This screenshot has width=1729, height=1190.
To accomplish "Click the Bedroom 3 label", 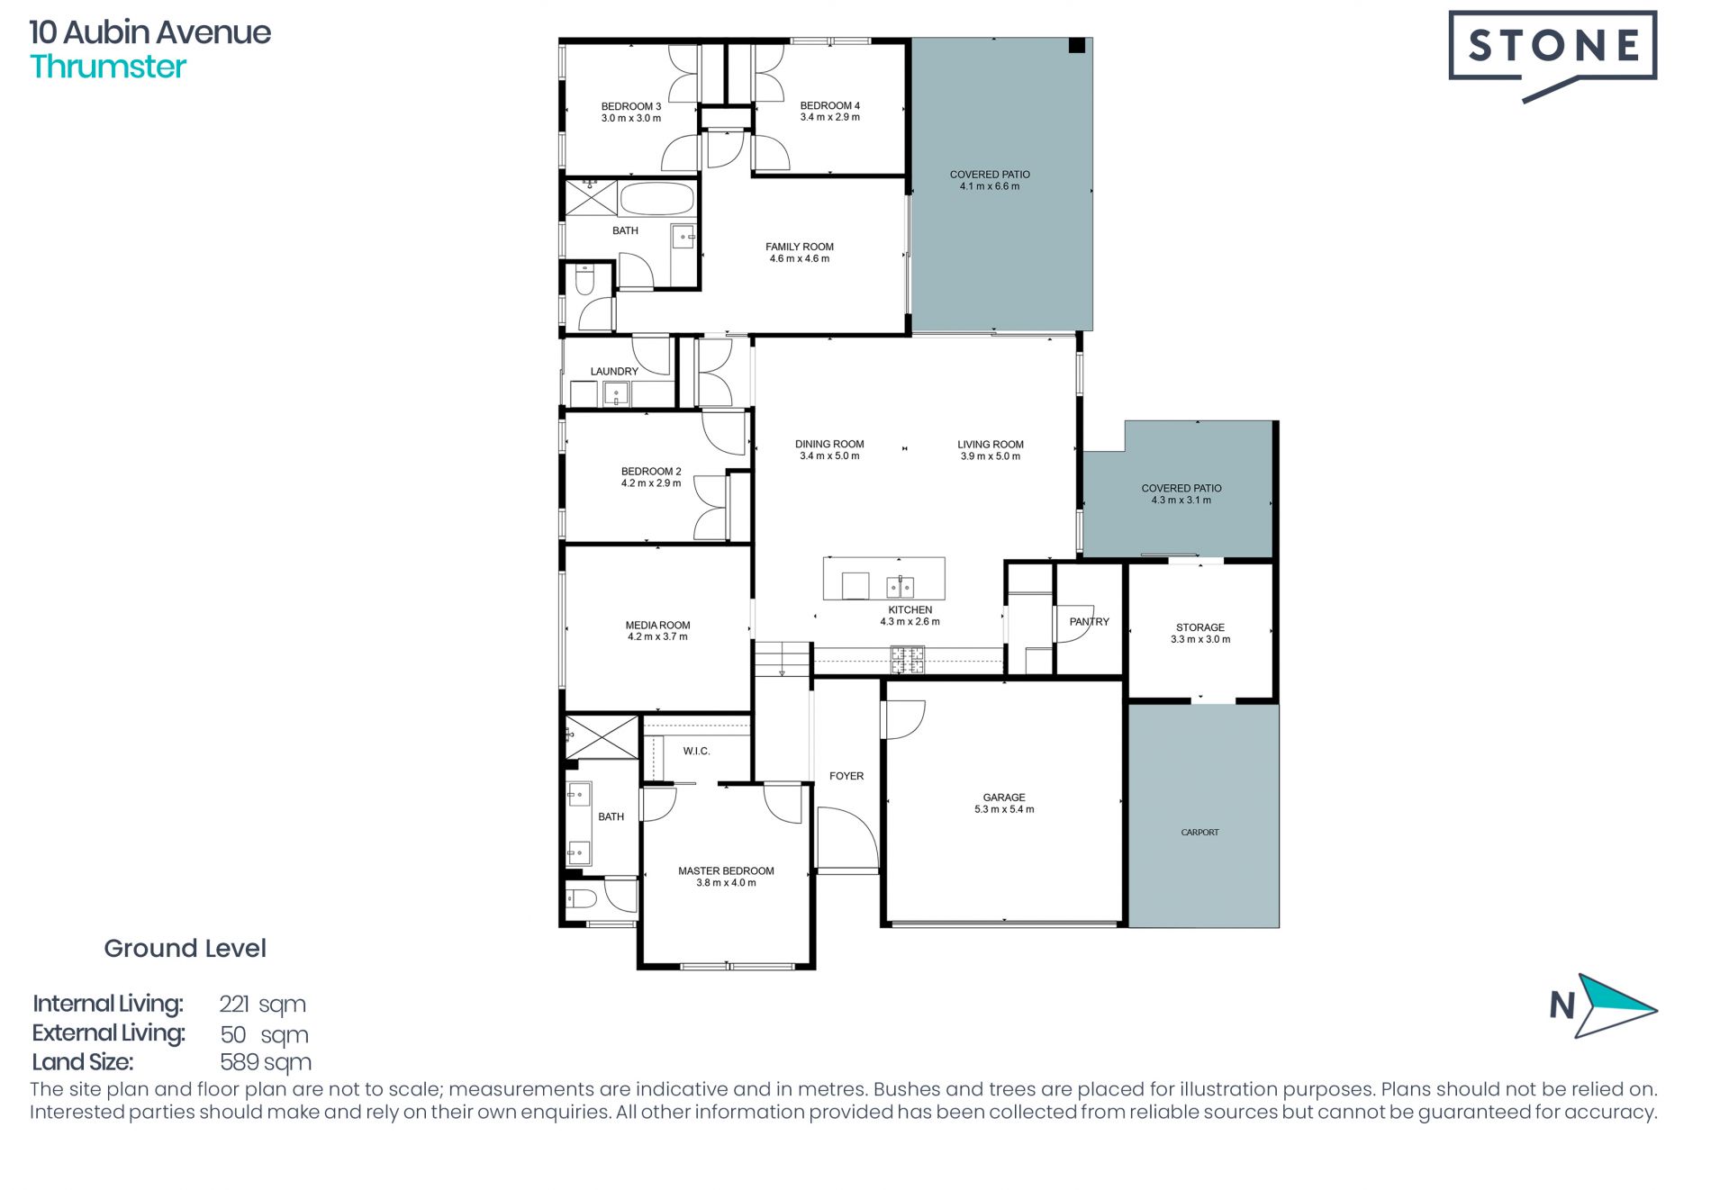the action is click(631, 106).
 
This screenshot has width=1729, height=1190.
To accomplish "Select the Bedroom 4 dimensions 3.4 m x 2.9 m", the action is click(829, 117).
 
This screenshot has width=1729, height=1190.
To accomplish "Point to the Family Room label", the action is click(800, 247).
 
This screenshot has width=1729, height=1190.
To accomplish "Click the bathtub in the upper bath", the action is click(657, 199).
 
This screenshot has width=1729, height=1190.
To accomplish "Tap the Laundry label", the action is click(614, 371).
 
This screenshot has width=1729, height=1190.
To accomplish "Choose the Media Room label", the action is click(657, 625).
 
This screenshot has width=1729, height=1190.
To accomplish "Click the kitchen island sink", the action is click(901, 587).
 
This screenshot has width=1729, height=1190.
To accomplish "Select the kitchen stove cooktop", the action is click(908, 660).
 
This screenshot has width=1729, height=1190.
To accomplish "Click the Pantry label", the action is click(1089, 621).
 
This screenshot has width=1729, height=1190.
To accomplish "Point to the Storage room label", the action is click(1200, 627).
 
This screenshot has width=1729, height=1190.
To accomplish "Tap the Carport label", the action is click(1199, 833).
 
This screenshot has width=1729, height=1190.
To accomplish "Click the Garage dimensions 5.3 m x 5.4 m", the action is click(1004, 809).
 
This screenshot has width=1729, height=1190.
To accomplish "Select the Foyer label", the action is click(846, 776).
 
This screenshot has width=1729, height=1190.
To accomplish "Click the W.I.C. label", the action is click(696, 751).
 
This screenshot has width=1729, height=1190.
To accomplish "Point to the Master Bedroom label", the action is click(726, 870).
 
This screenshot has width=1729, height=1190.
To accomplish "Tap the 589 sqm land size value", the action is click(266, 1063).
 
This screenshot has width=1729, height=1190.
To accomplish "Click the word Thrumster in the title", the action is click(108, 67).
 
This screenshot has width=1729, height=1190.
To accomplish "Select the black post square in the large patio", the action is click(1076, 46).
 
